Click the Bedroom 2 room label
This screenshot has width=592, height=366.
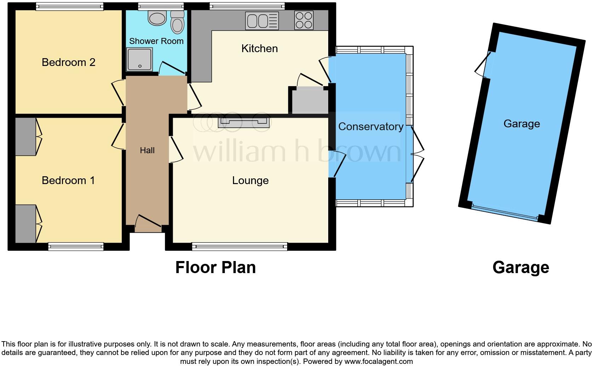(x=68, y=62)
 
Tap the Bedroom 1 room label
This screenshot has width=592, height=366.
(x=68, y=181)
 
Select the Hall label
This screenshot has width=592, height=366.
(x=147, y=150)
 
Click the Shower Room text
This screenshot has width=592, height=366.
(x=156, y=41)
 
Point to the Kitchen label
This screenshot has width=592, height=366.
(x=259, y=49)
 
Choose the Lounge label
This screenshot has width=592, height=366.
(x=250, y=181)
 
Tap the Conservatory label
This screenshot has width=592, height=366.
(x=370, y=127)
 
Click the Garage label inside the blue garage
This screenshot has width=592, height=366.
(x=522, y=124)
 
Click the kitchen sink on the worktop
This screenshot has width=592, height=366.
(x=262, y=20)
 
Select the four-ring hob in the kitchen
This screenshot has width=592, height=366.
(x=303, y=20)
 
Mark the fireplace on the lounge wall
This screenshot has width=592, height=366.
(x=244, y=122)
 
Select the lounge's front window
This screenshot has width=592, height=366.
(x=239, y=246)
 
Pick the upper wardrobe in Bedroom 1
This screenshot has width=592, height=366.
(x=25, y=137)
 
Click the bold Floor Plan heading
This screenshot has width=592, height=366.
(x=215, y=267)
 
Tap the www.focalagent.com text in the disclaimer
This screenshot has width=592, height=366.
(x=378, y=362)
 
